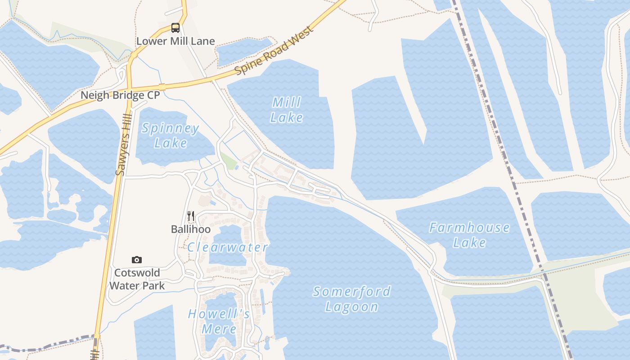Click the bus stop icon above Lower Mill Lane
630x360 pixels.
point(175,28)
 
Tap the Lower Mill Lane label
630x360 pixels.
point(175,41)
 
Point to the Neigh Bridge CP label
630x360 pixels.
point(120,95)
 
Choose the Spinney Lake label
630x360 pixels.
point(171,136)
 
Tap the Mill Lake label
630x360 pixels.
point(287,110)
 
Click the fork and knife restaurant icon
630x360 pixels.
point(191,216)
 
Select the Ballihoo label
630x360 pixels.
point(191,229)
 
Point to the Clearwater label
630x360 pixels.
point(228,247)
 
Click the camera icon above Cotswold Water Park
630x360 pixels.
point(137,260)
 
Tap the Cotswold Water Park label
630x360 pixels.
point(137,279)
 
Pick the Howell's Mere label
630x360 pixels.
point(219,321)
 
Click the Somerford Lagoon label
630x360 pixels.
point(352,299)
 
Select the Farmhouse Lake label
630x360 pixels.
point(469,234)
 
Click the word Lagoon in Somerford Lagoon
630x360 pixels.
point(352,307)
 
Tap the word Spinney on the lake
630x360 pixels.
point(171,129)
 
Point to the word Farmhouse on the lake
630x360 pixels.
point(469,227)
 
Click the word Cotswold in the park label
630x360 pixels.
point(137,273)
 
